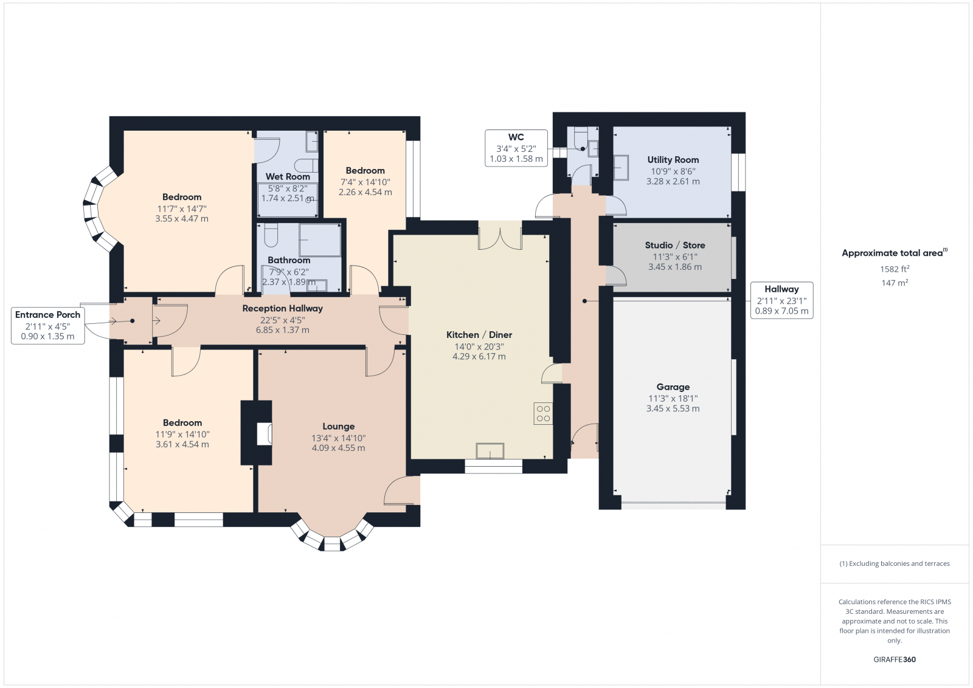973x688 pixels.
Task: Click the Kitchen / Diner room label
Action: coord(479,335)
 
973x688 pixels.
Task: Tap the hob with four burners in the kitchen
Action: coord(543,413)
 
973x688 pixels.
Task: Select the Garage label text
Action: coord(673,387)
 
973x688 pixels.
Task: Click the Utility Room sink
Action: coord(621,168)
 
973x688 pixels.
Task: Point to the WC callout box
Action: coord(516,148)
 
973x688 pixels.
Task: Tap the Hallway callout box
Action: coord(781,300)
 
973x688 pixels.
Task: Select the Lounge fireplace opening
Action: coord(264,434)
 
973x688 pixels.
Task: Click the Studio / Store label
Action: coord(675,246)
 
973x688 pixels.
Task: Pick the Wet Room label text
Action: coord(288,177)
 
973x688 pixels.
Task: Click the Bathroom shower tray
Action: coord(320,240)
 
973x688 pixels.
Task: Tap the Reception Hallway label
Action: coord(282,308)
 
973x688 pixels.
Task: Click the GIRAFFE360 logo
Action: coord(895,659)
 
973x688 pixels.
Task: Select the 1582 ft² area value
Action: coord(895,269)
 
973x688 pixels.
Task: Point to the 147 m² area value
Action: coord(895,283)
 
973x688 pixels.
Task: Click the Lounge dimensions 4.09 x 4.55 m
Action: coord(338,448)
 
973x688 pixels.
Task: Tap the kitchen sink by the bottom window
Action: coord(490,450)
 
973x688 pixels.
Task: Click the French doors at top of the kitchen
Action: coord(500,235)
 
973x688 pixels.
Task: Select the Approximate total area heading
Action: coord(895,253)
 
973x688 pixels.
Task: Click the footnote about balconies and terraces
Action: coord(895,563)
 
